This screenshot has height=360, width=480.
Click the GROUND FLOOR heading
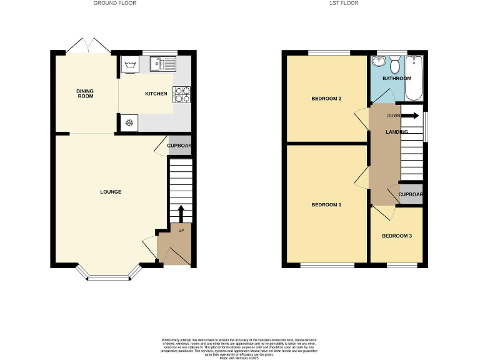(x=115, y=3)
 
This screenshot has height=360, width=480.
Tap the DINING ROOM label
(x=85, y=94)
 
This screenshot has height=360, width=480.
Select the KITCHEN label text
(x=156, y=94)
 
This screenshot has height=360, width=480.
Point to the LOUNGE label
(x=111, y=192)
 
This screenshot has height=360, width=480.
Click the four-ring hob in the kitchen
(x=181, y=94)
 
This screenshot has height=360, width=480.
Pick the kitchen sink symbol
(x=164, y=62)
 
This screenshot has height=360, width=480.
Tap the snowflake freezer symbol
(x=130, y=122)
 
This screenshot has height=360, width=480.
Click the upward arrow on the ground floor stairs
(x=181, y=213)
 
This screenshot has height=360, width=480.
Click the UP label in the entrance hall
(x=181, y=231)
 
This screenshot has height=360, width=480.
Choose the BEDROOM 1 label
(x=326, y=205)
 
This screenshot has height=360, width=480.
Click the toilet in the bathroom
(x=395, y=65)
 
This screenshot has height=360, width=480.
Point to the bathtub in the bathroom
(x=414, y=79)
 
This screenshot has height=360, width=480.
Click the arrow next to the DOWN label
(x=410, y=116)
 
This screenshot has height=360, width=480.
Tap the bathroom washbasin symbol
(x=378, y=62)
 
